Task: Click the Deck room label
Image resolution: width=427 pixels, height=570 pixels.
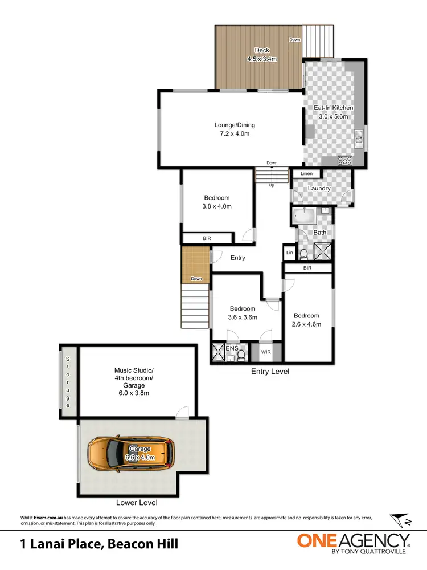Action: point(262,51)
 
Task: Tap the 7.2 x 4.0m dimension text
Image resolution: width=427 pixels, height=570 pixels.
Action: point(231,133)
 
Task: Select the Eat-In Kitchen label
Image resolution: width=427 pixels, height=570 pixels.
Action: point(334,108)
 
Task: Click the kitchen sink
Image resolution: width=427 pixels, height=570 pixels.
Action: point(360,136)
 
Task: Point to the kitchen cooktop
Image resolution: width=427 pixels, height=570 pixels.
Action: point(345,160)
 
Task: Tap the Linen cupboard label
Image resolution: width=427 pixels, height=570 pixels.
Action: point(306,174)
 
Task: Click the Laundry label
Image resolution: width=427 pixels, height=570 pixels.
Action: point(319,188)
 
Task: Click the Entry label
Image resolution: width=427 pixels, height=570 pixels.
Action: point(238,258)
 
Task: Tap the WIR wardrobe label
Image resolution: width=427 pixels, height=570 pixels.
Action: point(266,352)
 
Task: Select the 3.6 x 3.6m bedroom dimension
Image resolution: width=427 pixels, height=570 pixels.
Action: point(243,317)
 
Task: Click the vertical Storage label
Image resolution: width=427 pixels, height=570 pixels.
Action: point(68,382)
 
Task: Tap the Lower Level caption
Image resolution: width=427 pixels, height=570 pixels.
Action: point(136,503)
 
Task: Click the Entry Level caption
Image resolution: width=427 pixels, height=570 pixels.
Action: point(270,372)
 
